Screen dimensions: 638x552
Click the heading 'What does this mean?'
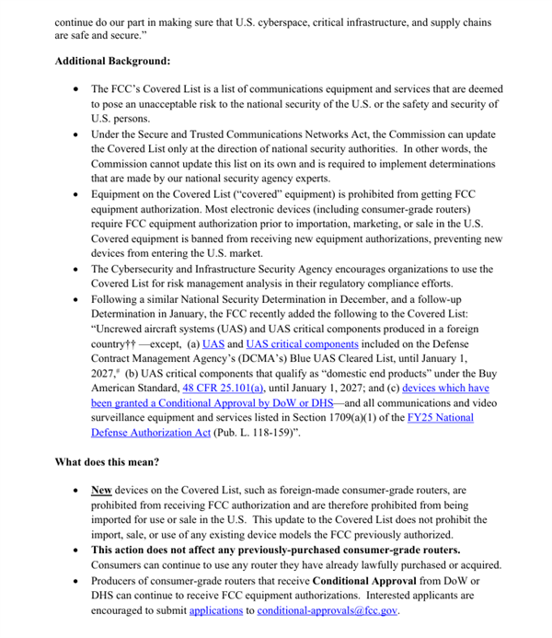tap(109, 461)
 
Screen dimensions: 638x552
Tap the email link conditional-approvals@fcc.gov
tap(328, 609)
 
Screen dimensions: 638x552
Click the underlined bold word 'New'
tap(101, 491)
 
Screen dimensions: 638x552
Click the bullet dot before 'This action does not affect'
tap(75, 551)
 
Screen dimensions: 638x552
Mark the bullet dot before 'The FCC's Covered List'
tap(75, 89)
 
